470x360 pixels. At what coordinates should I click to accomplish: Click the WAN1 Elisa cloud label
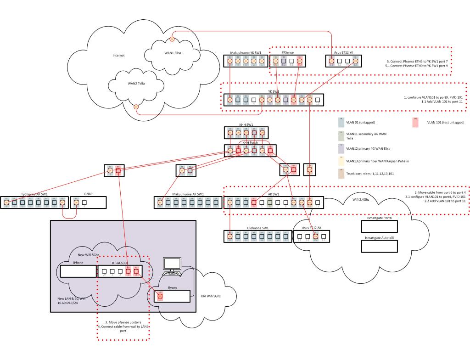click(x=173, y=53)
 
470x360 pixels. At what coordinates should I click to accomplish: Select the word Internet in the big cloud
click(x=119, y=56)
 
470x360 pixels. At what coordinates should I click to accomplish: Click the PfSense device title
click(x=288, y=53)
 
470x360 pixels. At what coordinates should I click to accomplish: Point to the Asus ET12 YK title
click(x=343, y=53)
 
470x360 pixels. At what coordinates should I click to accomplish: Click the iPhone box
click(x=78, y=271)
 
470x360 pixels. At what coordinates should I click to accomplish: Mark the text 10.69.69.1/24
click(x=65, y=304)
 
